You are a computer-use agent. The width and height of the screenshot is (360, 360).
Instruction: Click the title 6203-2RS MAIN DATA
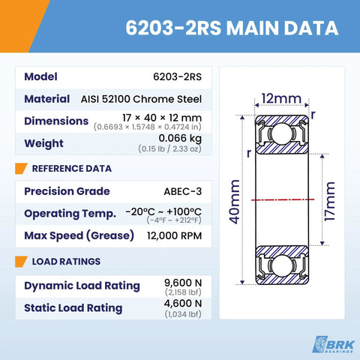pyautogui.click(x=232, y=28)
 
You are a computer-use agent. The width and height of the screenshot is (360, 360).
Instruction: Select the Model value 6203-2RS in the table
pyautogui.click(x=177, y=76)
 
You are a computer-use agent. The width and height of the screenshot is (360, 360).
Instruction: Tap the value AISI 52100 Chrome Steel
pyautogui.click(x=141, y=99)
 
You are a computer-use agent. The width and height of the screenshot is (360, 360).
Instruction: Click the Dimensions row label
pyautogui.click(x=56, y=121)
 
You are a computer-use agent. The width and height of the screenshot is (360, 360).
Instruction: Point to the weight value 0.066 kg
pyautogui.click(x=180, y=139)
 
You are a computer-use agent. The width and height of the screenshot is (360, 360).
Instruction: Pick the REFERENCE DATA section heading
pyautogui.click(x=72, y=169)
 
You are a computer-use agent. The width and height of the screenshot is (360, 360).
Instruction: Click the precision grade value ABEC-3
pyautogui.click(x=183, y=191)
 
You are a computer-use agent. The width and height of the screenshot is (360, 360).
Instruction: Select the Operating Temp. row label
pyautogui.click(x=70, y=214)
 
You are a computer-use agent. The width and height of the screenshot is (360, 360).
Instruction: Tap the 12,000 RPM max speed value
pyautogui.click(x=174, y=235)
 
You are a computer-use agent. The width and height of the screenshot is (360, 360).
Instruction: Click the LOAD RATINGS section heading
pyautogui.click(x=66, y=262)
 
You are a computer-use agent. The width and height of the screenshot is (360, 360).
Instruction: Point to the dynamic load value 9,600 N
pyautogui.click(x=183, y=283)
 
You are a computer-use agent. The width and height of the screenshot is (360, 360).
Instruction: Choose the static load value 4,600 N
pyautogui.click(x=183, y=304)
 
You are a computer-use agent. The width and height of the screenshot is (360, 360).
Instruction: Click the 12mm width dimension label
pyautogui.click(x=281, y=99)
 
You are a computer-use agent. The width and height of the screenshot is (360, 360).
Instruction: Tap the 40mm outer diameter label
pyautogui.click(x=235, y=202)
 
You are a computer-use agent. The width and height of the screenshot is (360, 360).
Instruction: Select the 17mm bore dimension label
pyautogui.click(x=329, y=201)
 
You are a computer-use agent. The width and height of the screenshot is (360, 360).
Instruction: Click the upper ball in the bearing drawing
pyautogui.click(x=282, y=133)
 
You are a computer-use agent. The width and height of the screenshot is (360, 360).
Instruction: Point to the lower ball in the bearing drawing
pyautogui.click(x=282, y=265)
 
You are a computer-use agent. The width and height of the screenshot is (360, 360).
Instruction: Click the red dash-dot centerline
pyautogui.click(x=283, y=199)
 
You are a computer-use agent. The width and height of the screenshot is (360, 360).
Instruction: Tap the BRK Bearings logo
pyautogui.click(x=334, y=344)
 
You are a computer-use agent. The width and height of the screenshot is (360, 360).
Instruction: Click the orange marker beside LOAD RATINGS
pyautogui.click(x=21, y=262)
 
